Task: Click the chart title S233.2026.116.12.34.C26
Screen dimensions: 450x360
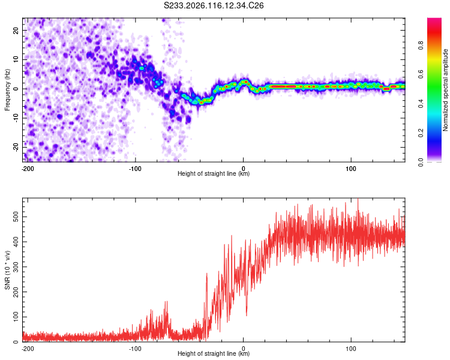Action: (x=214, y=5)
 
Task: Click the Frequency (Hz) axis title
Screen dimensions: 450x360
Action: (x=7, y=90)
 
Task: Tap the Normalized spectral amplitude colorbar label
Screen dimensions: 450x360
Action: (x=445, y=90)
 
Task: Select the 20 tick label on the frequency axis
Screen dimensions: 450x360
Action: (x=16, y=30)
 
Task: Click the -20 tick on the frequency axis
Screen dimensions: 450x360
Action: (x=16, y=148)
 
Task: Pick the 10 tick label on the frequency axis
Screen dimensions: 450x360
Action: (x=16, y=59)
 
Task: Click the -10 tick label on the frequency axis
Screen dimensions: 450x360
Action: (x=16, y=118)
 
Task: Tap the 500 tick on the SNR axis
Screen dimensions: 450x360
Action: (x=16, y=217)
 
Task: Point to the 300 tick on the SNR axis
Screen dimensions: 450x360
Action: (x=16, y=267)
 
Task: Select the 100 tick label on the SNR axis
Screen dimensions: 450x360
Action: (x=16, y=317)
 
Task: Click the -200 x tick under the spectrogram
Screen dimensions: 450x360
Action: (x=28, y=169)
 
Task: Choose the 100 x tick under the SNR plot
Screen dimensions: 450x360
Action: (x=351, y=349)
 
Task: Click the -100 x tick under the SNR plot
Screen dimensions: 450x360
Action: (x=135, y=349)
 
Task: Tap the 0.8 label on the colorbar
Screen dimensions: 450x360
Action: (x=421, y=45)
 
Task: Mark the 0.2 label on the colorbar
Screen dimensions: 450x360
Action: (x=421, y=133)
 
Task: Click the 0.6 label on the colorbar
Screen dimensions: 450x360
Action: (x=421, y=74)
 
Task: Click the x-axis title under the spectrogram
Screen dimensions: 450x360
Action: (x=214, y=173)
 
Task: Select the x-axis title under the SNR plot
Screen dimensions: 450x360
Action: (x=214, y=353)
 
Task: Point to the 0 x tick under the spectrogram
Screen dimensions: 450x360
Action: (x=244, y=169)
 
